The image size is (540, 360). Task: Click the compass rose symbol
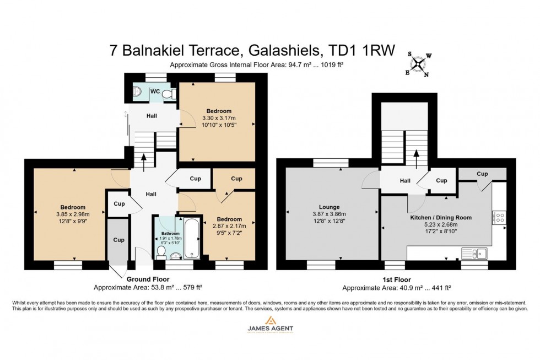point(419,65)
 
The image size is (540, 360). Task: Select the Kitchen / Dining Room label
point(441,218)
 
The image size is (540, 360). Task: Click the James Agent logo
point(269,329)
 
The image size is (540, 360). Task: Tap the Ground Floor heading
point(148,279)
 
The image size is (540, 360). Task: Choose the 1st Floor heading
point(396,280)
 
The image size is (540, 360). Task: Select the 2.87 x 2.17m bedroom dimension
point(230,225)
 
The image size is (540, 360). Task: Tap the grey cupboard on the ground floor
point(118,240)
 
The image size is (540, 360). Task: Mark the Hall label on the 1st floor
point(405,180)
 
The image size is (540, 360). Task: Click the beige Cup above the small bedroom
point(236,179)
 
